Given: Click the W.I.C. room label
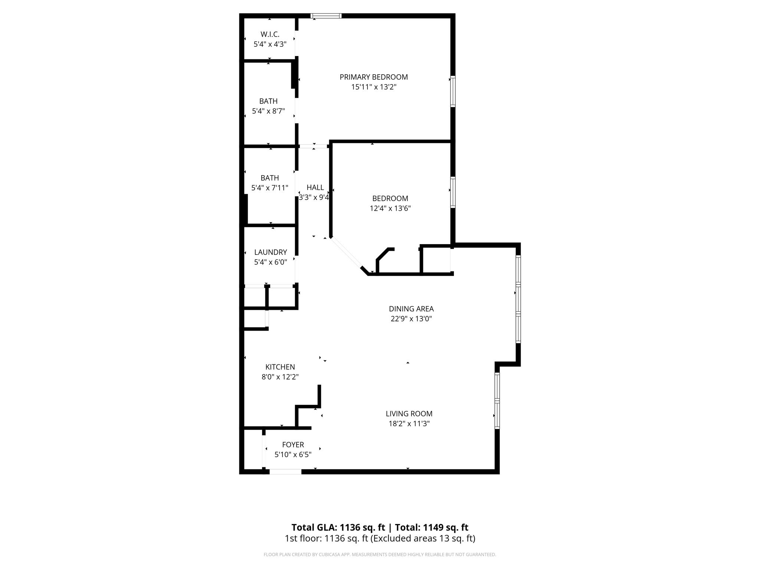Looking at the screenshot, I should coord(270,35).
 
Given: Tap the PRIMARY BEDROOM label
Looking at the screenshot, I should coord(374,77).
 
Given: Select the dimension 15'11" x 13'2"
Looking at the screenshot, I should coord(374,87).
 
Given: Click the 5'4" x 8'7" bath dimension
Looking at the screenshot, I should coord(268,111).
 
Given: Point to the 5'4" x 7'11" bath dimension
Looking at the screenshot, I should coord(270,188).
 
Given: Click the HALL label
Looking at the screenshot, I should coord(315,187).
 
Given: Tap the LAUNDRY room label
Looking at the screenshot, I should coord(271,252).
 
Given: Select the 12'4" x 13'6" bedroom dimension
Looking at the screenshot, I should coord(390,209).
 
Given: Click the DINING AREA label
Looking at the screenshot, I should coord(411,309).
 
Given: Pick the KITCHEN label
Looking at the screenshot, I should coord(280,367).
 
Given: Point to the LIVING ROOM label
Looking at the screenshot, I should coord(409,414).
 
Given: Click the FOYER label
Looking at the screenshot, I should coord(293,445).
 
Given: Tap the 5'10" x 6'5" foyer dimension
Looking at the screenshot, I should coord(293,455).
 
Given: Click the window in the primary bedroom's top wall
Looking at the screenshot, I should coord(326,16).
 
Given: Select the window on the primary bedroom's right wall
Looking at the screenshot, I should coord(453,91).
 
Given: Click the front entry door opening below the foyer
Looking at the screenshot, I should coord(285,472).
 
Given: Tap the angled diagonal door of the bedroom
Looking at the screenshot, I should coord(346,253).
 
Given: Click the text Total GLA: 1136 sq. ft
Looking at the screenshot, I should coord(338,527).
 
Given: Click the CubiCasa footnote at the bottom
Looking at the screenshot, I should coord(380,554).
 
